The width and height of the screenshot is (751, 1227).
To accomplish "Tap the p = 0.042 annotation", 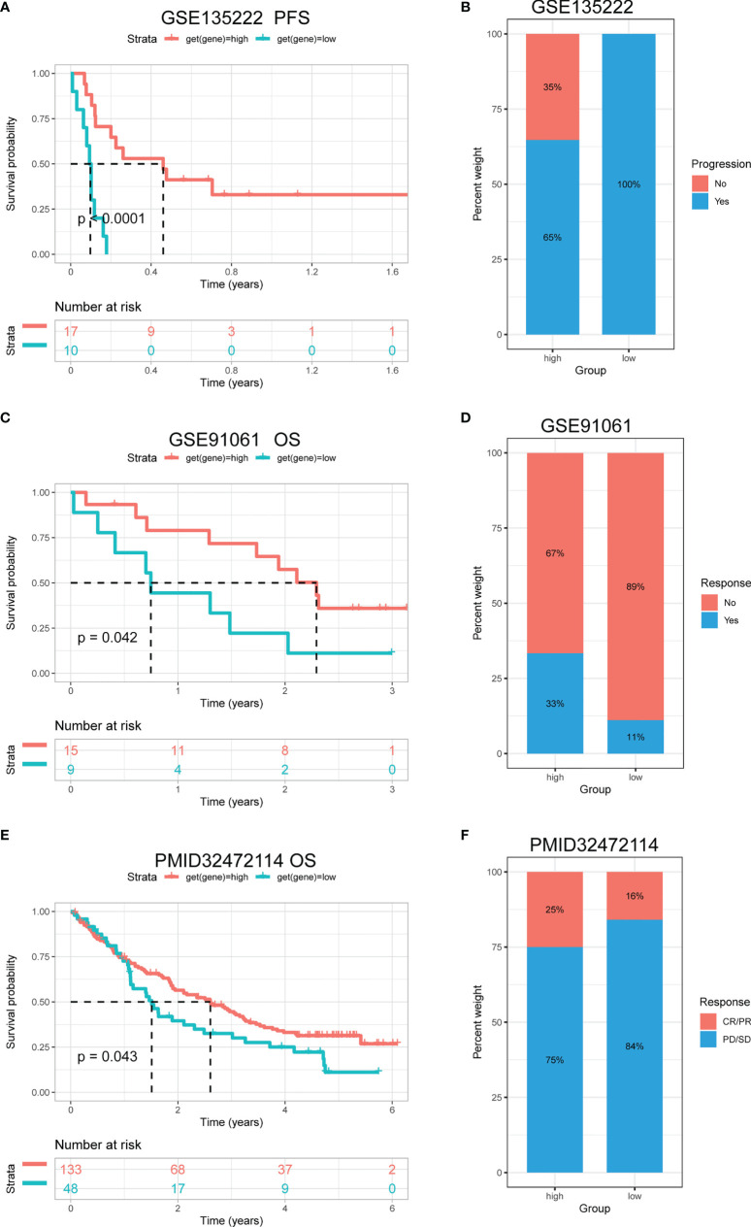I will pos(109,638).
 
